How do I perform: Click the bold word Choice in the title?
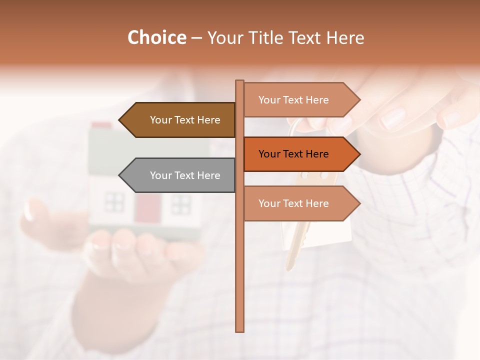point(156,38)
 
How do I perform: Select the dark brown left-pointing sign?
point(180,120)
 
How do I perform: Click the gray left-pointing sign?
point(180,175)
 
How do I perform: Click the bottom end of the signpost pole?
point(240,329)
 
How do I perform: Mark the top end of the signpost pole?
point(240,82)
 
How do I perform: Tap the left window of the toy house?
point(114,202)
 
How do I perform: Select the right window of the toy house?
point(181,204)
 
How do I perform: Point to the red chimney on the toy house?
point(102,125)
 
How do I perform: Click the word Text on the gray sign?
point(185,175)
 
